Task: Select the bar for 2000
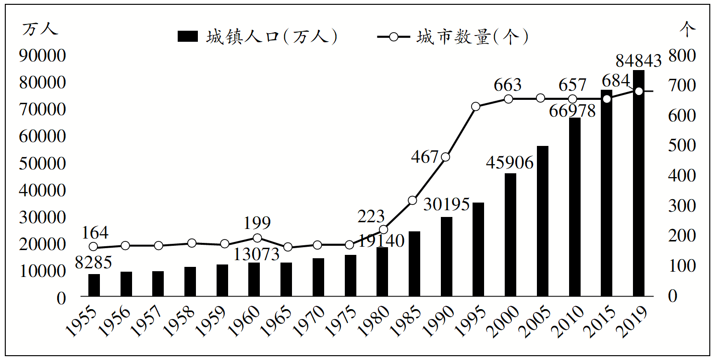[x=510, y=235]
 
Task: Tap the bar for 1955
[x=94, y=285]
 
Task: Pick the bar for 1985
[x=414, y=264]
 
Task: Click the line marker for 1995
[x=476, y=107]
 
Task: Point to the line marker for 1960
[x=257, y=238]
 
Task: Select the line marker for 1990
[x=445, y=157]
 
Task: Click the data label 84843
[x=638, y=61]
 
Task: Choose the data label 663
[x=508, y=85]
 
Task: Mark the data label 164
[x=95, y=233]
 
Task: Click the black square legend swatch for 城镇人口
[x=187, y=36]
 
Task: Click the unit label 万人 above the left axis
[x=40, y=29]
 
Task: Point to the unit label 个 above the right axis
[x=687, y=29]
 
